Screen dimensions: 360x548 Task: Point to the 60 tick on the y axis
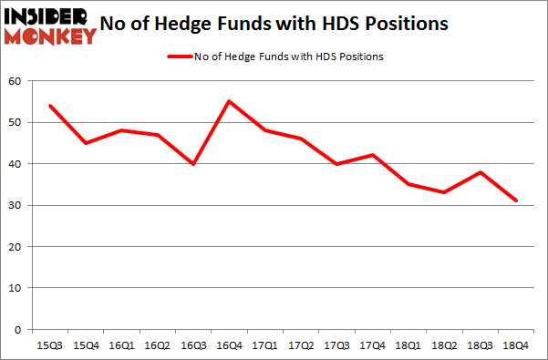(x=15, y=82)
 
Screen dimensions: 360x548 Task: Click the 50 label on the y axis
(x=15, y=123)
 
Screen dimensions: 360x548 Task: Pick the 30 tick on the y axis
(x=15, y=206)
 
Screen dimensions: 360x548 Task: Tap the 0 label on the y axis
(x=17, y=330)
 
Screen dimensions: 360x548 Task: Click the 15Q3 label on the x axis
(x=49, y=345)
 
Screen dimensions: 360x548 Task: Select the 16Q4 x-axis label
(x=228, y=345)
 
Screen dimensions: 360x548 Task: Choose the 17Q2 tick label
(x=300, y=345)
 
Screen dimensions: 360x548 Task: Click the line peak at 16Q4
(x=228, y=101)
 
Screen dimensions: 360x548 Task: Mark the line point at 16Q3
(x=192, y=164)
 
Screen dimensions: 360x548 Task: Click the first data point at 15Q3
(x=49, y=106)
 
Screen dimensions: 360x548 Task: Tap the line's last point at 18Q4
(x=515, y=201)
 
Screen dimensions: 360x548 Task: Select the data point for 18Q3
(x=480, y=172)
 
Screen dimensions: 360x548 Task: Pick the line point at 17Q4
(x=372, y=155)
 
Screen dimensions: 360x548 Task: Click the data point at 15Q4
(x=85, y=143)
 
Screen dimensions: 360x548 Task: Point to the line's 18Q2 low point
(x=443, y=192)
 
